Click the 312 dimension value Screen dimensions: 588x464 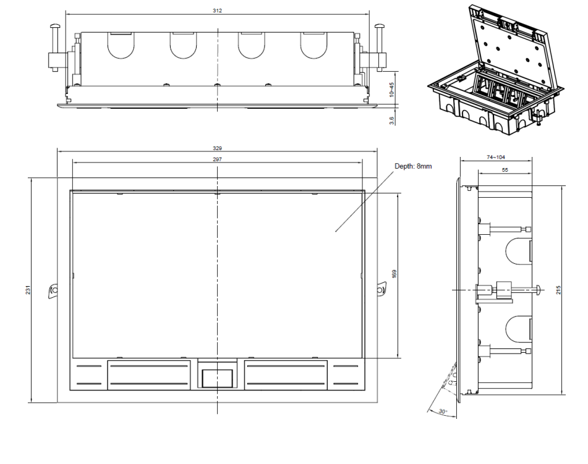(x=217, y=11)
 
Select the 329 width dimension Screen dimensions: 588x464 (x=217, y=148)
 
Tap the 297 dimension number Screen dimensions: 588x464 (x=217, y=159)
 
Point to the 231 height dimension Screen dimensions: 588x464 (x=28, y=290)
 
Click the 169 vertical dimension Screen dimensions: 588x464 (x=394, y=274)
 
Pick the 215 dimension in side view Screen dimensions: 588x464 (x=558, y=290)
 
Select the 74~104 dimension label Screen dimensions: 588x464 (x=496, y=158)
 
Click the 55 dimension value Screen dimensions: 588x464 (x=505, y=170)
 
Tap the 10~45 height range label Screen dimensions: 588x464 (x=392, y=90)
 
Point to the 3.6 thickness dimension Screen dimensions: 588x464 (x=392, y=120)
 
